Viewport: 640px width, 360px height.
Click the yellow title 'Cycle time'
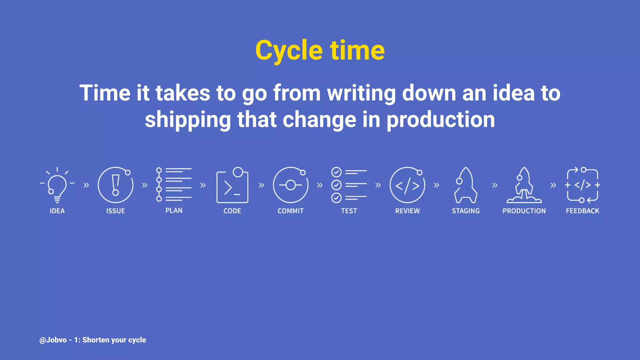(320, 51)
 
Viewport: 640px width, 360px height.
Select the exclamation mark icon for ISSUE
(115, 185)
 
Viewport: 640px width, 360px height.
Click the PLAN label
(174, 211)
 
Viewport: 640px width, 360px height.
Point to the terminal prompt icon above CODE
(232, 186)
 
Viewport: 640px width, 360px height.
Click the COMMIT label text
(290, 211)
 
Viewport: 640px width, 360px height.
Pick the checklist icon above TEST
(349, 185)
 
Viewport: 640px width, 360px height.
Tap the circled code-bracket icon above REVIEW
(407, 185)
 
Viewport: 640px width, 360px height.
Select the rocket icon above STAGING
(465, 185)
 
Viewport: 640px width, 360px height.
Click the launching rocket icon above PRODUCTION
(524, 185)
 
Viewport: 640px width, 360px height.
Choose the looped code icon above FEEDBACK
(582, 185)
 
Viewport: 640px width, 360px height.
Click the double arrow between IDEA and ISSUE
(86, 185)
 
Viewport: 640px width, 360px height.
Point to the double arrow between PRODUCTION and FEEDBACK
(553, 185)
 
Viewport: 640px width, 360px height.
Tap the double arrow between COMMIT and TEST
(320, 185)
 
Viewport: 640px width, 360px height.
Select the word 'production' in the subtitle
(441, 120)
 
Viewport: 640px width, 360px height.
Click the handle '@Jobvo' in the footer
(53, 340)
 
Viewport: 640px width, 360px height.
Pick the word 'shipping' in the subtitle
(187, 120)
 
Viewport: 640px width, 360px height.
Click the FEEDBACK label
(582, 211)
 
